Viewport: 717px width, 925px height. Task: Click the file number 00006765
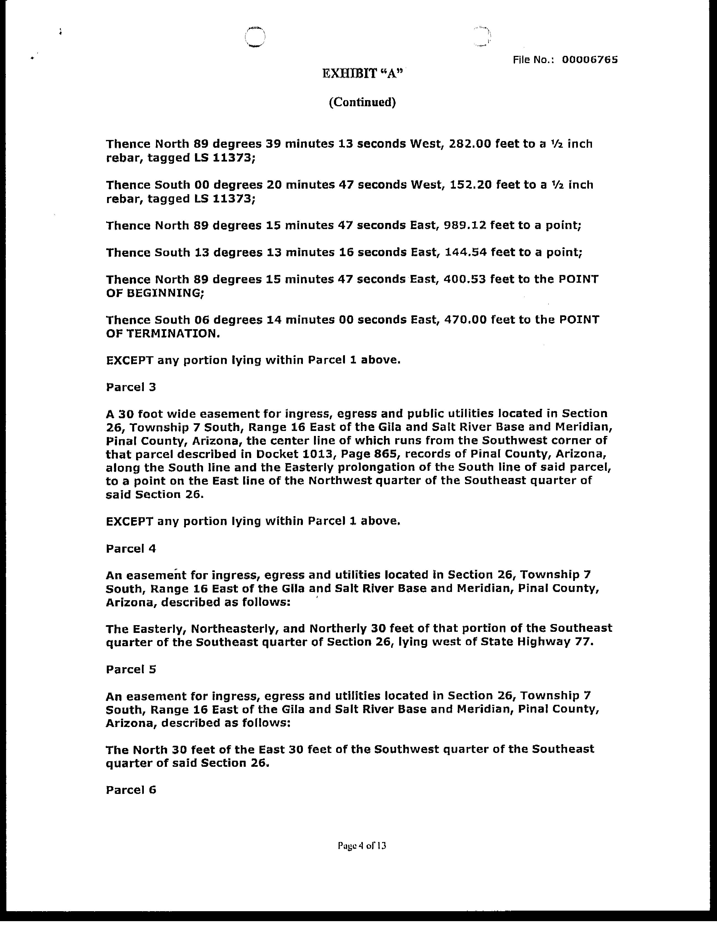[x=589, y=60]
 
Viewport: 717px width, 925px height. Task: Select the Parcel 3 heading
[x=131, y=387]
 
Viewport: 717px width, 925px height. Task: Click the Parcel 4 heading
[x=131, y=549]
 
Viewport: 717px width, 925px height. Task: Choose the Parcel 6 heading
[x=131, y=790]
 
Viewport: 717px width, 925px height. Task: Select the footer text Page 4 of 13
[x=362, y=846]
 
